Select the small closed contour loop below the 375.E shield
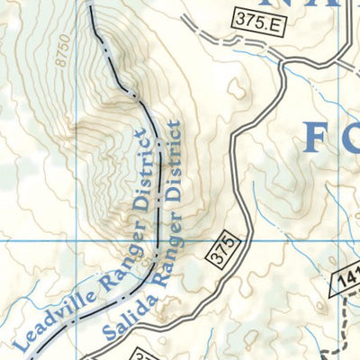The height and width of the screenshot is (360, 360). click(238, 90)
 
